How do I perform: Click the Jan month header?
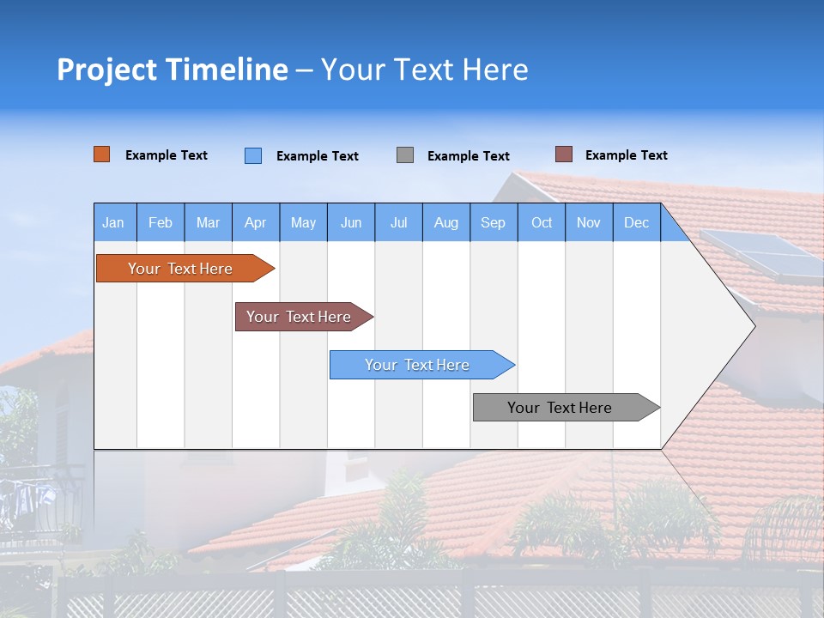114,222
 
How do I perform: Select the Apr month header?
256,222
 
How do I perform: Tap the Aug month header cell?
446,222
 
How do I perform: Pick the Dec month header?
637,222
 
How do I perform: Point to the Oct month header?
542,222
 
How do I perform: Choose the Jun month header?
351,222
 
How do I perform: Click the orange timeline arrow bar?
180,269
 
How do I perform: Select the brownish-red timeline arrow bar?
299,317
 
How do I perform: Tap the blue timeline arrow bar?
417,365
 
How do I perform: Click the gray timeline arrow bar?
560,408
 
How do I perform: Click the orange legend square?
102,154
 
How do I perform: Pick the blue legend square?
253,155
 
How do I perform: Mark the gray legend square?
405,155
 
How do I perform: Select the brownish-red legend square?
564,154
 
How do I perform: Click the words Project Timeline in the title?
172,70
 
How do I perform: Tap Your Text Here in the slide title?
425,70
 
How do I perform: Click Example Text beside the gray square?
469,156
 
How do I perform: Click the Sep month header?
494,222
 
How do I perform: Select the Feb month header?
161,222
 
